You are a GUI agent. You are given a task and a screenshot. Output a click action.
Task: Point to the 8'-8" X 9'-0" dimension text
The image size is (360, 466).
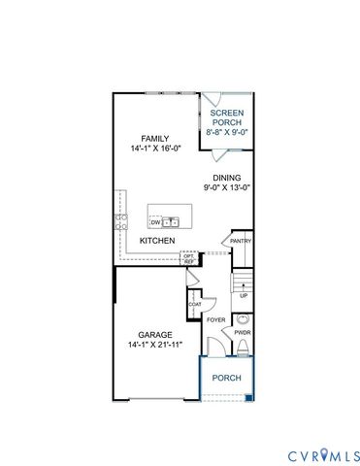pos(229,131)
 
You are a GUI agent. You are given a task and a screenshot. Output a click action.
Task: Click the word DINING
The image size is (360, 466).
pos(227,178)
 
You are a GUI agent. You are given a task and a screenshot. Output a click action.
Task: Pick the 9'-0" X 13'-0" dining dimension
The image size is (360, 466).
pos(227,188)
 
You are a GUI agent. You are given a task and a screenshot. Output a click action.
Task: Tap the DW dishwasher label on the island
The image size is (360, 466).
pos(156,222)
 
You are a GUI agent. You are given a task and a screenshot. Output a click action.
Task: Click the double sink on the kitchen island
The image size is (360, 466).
pos(172,222)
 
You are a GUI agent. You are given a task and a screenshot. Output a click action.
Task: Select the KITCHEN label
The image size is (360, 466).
pos(157,240)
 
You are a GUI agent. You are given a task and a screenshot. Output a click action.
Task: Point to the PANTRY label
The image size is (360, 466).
pos(242,242)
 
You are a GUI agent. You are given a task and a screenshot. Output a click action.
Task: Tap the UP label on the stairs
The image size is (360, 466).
pos(244,295)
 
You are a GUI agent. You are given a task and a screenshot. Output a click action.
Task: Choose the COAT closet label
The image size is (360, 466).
pos(195,304)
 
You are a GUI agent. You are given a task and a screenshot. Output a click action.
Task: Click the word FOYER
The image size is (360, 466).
pos(215,318)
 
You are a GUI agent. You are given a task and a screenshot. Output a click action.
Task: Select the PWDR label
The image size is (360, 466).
pos(243,332)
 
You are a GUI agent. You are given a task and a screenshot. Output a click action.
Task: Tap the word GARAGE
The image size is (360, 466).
pos(155,334)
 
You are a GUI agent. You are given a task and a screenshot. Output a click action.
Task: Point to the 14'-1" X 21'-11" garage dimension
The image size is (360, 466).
pos(155,345)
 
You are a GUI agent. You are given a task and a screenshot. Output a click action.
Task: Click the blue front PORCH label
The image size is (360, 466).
pos(227,378)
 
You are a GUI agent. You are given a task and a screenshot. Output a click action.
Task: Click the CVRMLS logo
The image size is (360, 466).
pos(323,454)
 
